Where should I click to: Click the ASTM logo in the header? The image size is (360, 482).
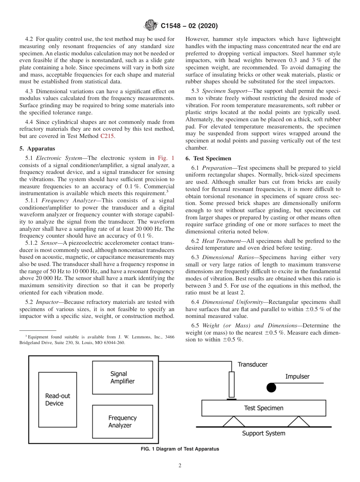pos(151,26)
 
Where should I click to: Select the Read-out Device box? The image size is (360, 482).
pos(58,399)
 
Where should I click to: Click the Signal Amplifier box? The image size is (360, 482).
pos(122,377)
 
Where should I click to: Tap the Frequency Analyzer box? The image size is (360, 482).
pos(122,421)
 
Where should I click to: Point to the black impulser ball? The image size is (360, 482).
pos(271,388)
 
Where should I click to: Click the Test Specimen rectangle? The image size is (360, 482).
pos(263,408)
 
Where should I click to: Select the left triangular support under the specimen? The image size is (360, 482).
pos(233,421)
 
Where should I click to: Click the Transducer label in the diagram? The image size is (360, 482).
pos(252,365)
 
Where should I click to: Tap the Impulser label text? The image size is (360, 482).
pos(297,376)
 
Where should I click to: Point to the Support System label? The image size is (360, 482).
pos(263,433)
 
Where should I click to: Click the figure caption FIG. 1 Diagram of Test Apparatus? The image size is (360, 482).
pos(180,449)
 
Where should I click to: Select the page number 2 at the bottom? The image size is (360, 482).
pos(180,466)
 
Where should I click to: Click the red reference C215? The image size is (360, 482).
pos(107,136)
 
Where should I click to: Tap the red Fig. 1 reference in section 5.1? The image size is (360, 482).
pos(166,158)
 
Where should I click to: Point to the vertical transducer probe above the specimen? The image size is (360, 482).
pos(232,384)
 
